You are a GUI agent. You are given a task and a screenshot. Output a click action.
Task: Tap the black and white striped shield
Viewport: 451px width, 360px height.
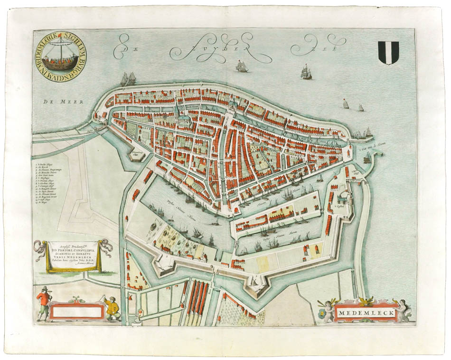tap(388, 52)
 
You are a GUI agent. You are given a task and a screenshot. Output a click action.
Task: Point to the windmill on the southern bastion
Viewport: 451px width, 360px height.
tap(255, 281)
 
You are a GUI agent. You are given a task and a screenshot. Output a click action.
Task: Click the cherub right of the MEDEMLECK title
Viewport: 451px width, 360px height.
tap(402, 310)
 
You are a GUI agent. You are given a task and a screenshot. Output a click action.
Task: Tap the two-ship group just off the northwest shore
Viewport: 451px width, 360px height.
tap(128, 78)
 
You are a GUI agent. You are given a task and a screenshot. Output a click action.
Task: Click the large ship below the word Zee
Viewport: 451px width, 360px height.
tap(306, 72)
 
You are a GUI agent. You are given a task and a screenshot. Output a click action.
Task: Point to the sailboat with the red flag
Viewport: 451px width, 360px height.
tap(345, 104)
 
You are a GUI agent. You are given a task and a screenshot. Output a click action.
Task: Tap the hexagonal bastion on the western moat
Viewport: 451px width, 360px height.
tap(138, 154)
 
